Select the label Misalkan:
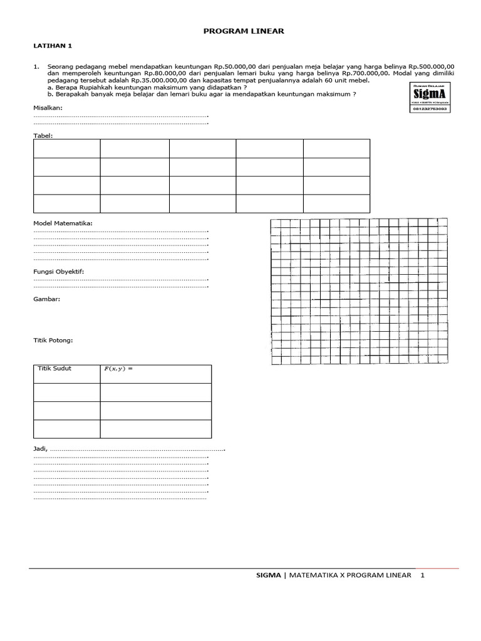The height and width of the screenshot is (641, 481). click(48, 108)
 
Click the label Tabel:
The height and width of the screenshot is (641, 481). click(43, 135)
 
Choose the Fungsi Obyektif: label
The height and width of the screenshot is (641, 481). click(58, 272)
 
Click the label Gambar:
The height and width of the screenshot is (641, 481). click(46, 299)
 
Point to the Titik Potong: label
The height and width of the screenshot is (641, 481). click(53, 341)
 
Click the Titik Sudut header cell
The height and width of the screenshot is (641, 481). click(55, 369)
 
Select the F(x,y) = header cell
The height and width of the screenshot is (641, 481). click(119, 369)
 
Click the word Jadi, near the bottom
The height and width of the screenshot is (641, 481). click(40, 449)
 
